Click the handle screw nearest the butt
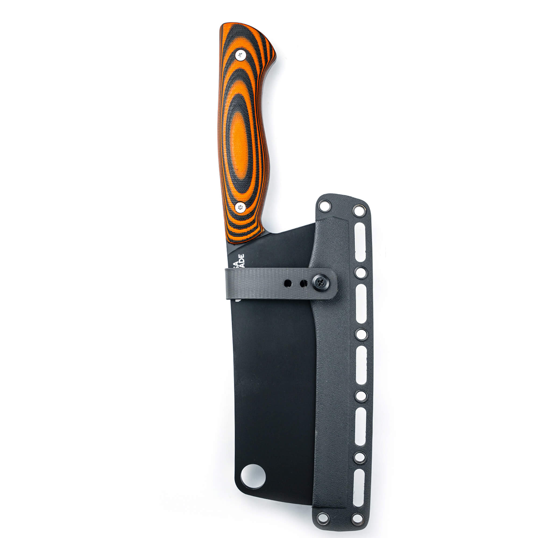coord(240,55)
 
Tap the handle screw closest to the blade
coord(240,207)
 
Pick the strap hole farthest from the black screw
coord(288,284)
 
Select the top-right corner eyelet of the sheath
coord(359,210)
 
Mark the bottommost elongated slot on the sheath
coord(359,485)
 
